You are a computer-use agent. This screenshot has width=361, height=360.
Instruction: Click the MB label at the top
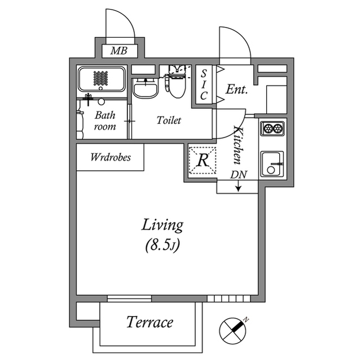click(x=119, y=51)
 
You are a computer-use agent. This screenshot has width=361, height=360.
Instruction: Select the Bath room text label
click(x=104, y=121)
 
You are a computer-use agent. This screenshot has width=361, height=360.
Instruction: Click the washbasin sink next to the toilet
click(x=146, y=88)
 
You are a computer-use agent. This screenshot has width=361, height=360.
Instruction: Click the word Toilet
click(x=169, y=121)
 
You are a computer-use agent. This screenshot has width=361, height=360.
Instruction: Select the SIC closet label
click(x=205, y=84)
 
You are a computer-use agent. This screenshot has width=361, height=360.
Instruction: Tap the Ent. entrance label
click(x=236, y=90)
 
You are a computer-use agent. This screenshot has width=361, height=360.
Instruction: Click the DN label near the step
click(x=238, y=175)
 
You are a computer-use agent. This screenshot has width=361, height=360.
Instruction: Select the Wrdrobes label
click(x=111, y=157)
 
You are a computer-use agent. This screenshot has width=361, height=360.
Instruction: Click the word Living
click(x=162, y=225)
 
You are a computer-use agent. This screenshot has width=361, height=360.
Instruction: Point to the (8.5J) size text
click(x=162, y=245)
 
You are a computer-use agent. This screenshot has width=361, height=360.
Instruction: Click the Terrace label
click(x=149, y=323)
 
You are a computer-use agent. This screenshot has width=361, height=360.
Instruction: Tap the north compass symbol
click(x=234, y=328)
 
